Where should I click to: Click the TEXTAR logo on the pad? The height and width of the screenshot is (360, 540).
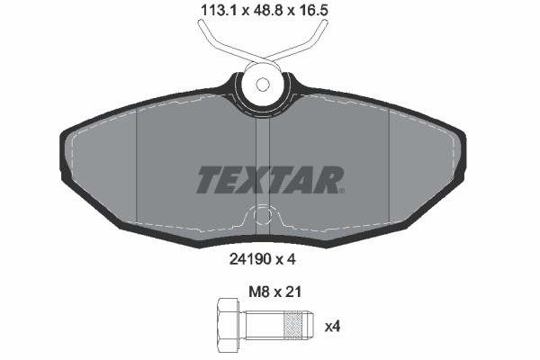click(x=269, y=179)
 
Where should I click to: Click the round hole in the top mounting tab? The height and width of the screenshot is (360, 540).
click(x=262, y=85)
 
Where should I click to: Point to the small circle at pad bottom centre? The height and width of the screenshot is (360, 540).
click(x=262, y=216)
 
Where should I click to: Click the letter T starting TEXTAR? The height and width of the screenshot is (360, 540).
click(x=209, y=179)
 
